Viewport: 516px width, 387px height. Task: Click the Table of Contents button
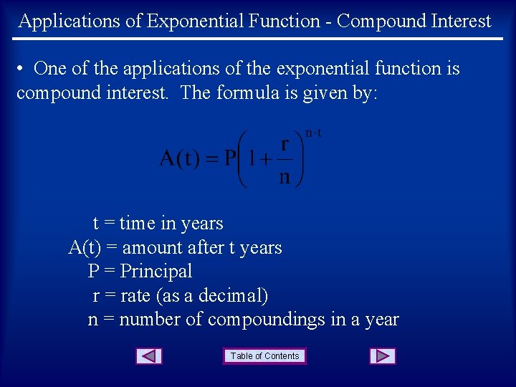pyautogui.click(x=265, y=356)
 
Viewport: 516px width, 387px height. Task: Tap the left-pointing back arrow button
pyautogui.click(x=149, y=356)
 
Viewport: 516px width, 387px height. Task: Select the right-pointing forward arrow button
pyautogui.click(x=383, y=356)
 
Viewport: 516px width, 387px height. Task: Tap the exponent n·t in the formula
pyautogui.click(x=313, y=133)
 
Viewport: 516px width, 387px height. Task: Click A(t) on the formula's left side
pyautogui.click(x=180, y=158)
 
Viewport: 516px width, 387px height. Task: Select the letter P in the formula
pyautogui.click(x=230, y=158)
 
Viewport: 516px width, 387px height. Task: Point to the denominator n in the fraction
pyautogui.click(x=285, y=176)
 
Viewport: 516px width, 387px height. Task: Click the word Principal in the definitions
pyautogui.click(x=156, y=272)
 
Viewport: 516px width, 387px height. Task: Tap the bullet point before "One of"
pyautogui.click(x=22, y=69)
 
